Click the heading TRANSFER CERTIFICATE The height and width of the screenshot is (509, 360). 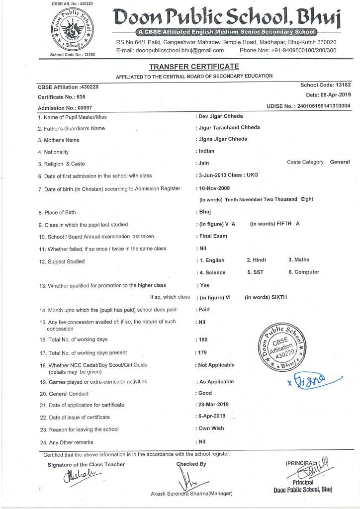(193, 67)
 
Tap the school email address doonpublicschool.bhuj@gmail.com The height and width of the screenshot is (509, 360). (170, 50)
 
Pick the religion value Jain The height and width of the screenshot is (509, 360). (204, 163)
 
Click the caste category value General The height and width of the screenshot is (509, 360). (340, 162)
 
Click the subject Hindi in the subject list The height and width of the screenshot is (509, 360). (257, 260)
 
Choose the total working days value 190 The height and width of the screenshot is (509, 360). (203, 340)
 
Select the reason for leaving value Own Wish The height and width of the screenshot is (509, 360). (211, 428)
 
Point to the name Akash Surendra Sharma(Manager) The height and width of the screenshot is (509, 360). (191, 494)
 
